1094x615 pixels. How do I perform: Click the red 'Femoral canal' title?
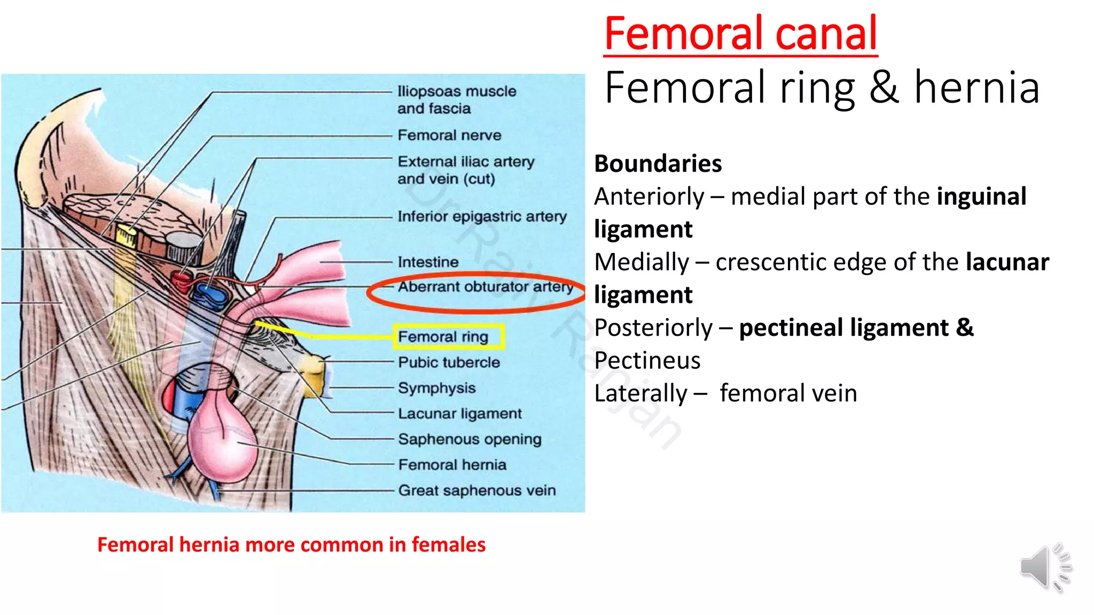pos(740,34)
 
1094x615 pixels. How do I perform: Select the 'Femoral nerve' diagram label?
pos(449,135)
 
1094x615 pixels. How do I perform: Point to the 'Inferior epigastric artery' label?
pos(482,216)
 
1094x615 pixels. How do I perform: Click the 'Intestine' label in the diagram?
pos(428,262)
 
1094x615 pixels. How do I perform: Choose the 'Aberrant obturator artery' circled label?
pos(485,287)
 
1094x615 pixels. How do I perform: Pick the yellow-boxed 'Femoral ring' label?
pos(443,337)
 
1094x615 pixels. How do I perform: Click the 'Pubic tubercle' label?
pos(449,362)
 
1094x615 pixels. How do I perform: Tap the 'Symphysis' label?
pos(436,388)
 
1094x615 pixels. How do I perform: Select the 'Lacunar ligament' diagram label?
pos(459,414)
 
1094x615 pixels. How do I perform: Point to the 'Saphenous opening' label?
pos(470,439)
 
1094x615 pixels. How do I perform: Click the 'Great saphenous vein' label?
pos(476,490)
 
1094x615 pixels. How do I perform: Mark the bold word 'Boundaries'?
pos(658,163)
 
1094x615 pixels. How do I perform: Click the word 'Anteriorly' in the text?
pos(649,196)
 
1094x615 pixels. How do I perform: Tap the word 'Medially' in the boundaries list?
pos(642,262)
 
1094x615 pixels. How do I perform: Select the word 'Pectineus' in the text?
pos(647,360)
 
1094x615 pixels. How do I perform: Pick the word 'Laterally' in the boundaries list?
pos(640,393)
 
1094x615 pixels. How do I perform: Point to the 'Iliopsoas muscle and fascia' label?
pos(456,100)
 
